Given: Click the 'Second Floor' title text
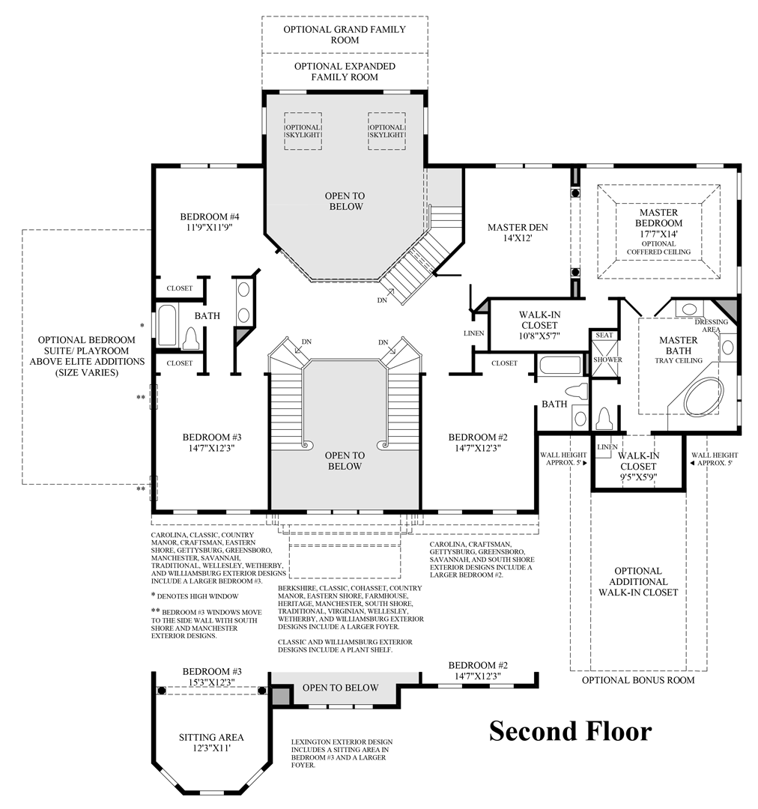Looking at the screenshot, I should (570, 730).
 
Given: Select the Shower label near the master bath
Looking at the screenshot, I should (607, 360).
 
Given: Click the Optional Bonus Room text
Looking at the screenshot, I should (638, 680).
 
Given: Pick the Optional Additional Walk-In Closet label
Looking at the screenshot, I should (638, 581).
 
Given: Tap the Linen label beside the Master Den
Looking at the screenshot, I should (474, 333).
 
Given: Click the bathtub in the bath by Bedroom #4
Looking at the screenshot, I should (167, 327).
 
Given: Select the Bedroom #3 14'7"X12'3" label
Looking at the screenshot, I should (212, 442).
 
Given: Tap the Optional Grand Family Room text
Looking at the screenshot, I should (345, 34).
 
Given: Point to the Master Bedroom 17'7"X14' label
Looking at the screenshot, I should (659, 222).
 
